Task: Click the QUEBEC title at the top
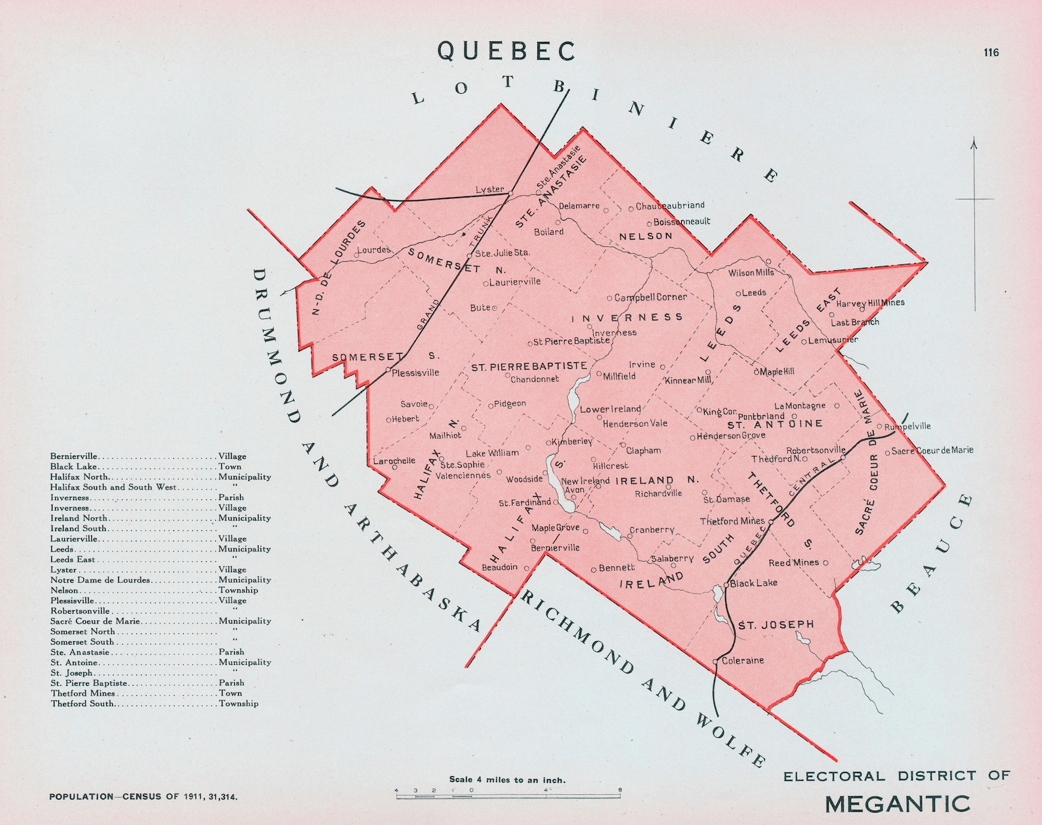coord(506,51)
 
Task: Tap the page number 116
coord(991,53)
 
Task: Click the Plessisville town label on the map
coord(415,372)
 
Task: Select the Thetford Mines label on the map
coord(732,521)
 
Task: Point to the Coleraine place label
coord(742,660)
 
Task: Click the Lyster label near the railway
coord(490,190)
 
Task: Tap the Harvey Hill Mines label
coord(870,303)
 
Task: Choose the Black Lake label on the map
coord(753,583)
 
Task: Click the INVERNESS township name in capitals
coord(627,318)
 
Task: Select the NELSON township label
coord(646,236)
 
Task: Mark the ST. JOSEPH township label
coord(776,624)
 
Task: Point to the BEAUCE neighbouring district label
coord(932,553)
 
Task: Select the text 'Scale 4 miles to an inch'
coord(507,780)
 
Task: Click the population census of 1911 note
coord(144,796)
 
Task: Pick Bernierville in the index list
coord(74,456)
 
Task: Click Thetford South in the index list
coord(82,704)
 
